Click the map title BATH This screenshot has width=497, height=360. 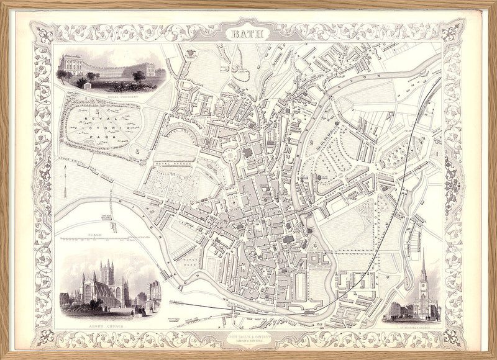[x=248, y=34]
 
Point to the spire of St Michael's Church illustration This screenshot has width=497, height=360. [x=424, y=273]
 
